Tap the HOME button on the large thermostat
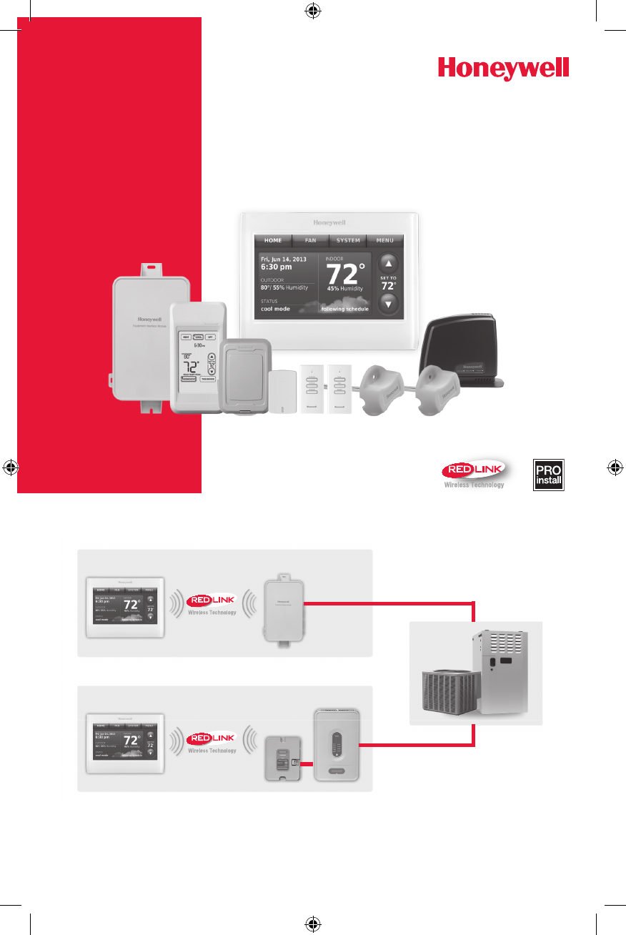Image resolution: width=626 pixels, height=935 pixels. point(272,241)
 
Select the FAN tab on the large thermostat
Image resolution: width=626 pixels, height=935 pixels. point(310,241)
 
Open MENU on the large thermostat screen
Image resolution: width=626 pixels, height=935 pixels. point(385,241)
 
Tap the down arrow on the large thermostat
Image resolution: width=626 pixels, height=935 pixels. point(387,302)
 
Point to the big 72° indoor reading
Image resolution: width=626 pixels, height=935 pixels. point(345,274)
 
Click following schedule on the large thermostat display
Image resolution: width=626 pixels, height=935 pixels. point(344,310)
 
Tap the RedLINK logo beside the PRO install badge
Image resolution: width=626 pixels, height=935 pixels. point(474,473)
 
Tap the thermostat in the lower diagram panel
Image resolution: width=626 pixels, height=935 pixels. point(125,743)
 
